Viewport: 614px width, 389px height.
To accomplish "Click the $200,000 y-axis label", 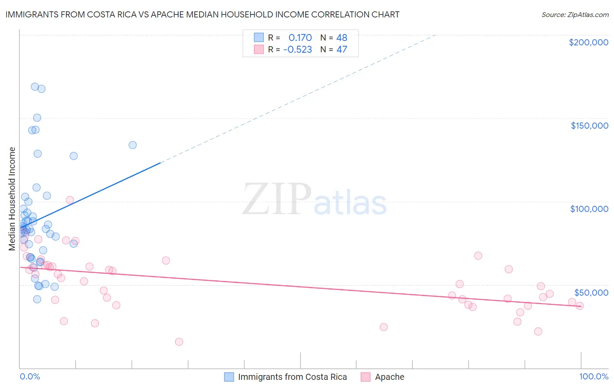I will (588, 42).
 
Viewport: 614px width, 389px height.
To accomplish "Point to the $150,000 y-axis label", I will (589, 126).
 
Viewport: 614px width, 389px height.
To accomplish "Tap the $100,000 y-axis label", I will (589, 209).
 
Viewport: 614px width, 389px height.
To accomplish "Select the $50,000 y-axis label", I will (591, 292).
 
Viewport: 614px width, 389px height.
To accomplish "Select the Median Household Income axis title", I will (12, 199).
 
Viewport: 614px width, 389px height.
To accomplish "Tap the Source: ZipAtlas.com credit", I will (575, 15).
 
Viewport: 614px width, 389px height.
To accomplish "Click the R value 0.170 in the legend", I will (300, 38).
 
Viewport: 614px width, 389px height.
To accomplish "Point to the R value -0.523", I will (297, 50).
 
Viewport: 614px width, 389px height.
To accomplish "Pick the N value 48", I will (341, 38).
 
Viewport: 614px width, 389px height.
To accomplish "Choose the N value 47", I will (341, 50).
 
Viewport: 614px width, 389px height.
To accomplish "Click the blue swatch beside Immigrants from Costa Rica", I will (229, 377).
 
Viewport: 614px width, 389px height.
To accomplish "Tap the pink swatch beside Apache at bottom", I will (366, 377).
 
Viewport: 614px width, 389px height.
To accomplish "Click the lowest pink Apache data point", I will (179, 342).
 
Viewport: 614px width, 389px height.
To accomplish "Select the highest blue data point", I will (35, 86).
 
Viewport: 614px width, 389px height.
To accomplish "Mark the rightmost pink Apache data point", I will (580, 306).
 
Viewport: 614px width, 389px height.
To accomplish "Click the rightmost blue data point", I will (132, 145).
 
